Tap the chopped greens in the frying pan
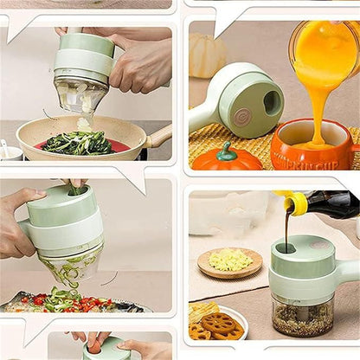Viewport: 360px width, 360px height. tap(78, 142)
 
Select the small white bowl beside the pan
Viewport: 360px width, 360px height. tap(10, 151)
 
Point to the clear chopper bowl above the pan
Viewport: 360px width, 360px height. tap(80, 93)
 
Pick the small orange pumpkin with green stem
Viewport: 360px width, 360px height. tap(227, 157)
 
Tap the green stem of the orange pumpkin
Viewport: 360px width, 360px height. tap(227, 149)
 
